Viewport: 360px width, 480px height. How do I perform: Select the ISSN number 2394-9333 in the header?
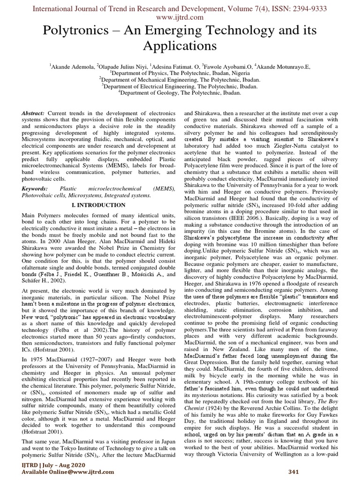(x=308, y=8)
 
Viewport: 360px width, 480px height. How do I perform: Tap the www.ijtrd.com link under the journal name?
(x=180, y=17)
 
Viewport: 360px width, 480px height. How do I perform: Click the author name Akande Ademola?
(x=73, y=67)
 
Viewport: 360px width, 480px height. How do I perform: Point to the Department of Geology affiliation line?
(x=180, y=93)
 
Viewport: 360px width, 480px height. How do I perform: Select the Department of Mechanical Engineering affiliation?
(x=180, y=80)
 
